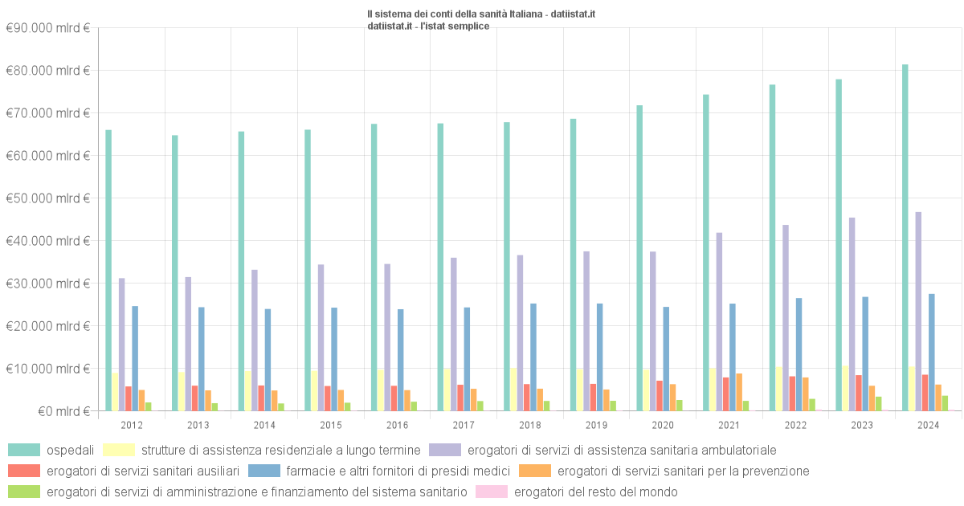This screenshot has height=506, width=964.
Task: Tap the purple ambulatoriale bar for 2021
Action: click(720, 322)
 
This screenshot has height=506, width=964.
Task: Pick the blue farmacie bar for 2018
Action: click(533, 357)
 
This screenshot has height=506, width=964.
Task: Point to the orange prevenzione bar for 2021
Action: click(739, 392)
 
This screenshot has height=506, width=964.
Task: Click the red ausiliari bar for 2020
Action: click(660, 396)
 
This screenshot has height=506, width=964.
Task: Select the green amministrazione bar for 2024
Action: click(945, 403)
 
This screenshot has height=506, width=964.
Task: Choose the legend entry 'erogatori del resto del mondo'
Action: click(595, 492)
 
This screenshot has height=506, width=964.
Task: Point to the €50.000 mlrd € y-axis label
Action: click(47, 198)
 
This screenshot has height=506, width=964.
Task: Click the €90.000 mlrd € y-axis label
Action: click(47, 28)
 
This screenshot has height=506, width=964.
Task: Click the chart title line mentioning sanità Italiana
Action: click(480, 14)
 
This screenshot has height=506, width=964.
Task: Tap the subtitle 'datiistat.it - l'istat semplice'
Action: click(428, 26)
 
